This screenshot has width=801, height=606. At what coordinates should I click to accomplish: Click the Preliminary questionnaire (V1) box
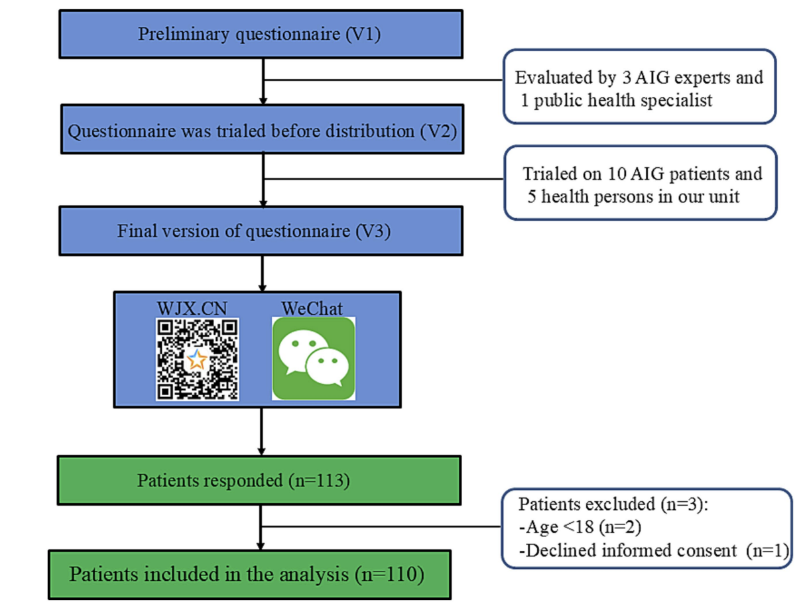coord(261,34)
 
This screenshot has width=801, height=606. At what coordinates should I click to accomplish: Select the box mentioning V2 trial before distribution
coord(263,129)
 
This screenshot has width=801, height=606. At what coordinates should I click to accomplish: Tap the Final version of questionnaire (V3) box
coord(261,231)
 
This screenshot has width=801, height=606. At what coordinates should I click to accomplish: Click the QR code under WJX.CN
coord(198,359)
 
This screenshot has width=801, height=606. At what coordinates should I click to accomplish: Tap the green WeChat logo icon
coord(314,359)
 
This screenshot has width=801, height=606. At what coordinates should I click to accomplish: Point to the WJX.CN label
coord(192,309)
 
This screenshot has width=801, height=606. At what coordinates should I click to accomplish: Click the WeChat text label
coord(312,309)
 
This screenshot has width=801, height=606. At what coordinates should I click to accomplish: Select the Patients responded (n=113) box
coord(259,481)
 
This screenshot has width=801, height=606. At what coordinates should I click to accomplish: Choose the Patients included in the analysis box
coord(249,575)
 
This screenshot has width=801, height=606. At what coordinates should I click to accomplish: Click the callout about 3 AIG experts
coord(639,87)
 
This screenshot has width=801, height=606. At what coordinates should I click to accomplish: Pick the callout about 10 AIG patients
coord(641,183)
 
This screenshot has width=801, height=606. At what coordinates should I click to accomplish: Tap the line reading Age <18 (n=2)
coord(580,527)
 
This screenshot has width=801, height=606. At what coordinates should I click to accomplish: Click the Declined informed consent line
coord(654,550)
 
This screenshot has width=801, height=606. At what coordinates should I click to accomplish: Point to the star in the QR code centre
coord(197,359)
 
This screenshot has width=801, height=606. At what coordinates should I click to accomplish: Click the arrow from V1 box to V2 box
coord(263,82)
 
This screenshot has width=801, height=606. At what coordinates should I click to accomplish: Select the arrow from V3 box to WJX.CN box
coord(262,274)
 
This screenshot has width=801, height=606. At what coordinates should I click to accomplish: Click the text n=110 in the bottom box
coord(390,574)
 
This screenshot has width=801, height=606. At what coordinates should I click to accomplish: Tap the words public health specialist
coord(623,100)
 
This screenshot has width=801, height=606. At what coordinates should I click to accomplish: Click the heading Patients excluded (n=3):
coord(613,505)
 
